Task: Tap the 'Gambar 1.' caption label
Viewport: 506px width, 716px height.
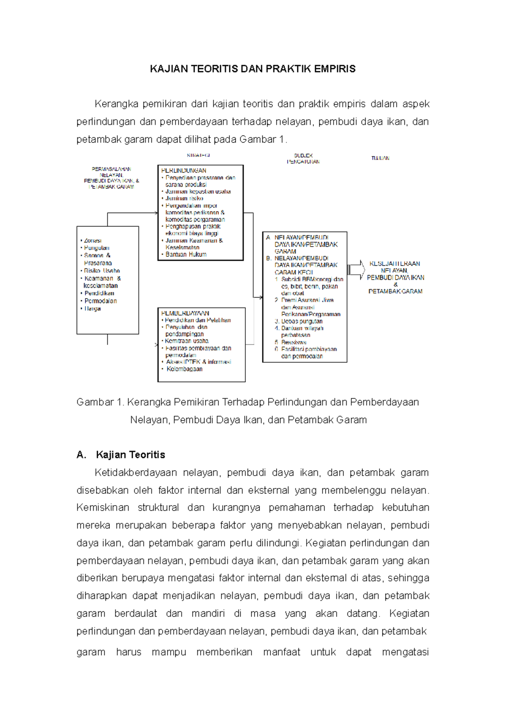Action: tap(100, 402)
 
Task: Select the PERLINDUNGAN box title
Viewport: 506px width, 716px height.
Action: tap(184, 171)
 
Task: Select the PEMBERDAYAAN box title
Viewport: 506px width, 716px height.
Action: tap(185, 313)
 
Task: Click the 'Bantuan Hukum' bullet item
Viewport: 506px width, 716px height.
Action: tap(186, 254)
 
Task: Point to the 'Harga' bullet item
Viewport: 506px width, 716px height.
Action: tap(92, 309)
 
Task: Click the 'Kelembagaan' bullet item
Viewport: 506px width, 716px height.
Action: tap(184, 369)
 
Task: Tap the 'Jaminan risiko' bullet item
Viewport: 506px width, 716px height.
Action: tap(184, 198)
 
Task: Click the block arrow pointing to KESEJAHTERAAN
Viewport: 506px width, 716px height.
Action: tap(356, 270)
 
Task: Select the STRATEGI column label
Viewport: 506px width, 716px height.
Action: tap(199, 155)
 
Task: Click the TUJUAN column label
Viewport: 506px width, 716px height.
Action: tap(380, 158)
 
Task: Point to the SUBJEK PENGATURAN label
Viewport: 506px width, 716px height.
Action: tap(303, 159)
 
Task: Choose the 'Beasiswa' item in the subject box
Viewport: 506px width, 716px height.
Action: tap(294, 342)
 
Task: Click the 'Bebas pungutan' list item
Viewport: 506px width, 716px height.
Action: tap(301, 321)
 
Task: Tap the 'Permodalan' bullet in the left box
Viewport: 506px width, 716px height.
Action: tap(100, 301)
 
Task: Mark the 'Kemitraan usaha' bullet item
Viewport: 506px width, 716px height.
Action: tap(186, 341)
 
